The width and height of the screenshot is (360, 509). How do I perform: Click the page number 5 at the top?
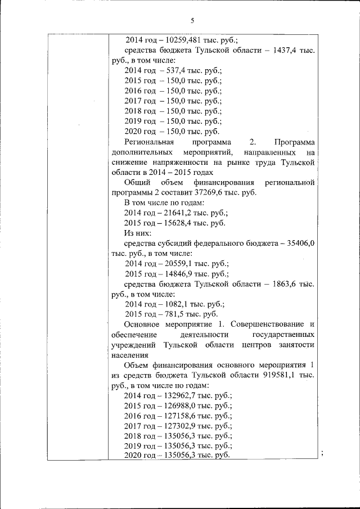point(191,21)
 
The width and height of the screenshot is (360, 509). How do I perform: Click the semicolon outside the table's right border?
point(321,453)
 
